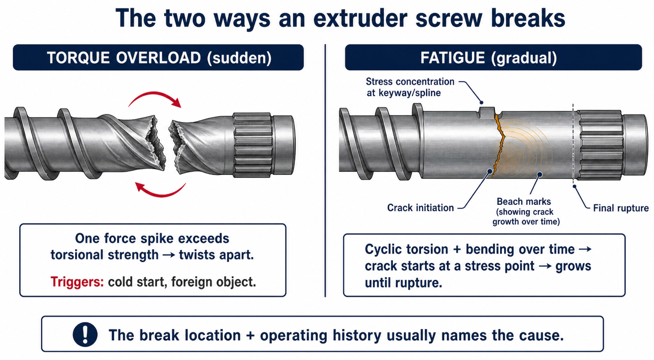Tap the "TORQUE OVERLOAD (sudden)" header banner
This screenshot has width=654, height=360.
click(158, 57)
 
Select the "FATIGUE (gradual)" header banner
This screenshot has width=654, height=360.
click(493, 57)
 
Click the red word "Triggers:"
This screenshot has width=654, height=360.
click(77, 282)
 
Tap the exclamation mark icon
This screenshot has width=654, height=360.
click(85, 335)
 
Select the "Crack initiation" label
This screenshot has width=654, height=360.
click(420, 208)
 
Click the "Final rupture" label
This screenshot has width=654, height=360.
click(621, 208)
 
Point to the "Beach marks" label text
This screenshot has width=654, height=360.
click(524, 201)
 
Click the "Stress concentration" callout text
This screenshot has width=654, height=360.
click(410, 82)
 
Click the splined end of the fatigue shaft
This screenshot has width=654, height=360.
click(600, 145)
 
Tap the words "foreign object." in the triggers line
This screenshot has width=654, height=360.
click(213, 282)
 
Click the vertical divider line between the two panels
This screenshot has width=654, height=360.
click(325, 170)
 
